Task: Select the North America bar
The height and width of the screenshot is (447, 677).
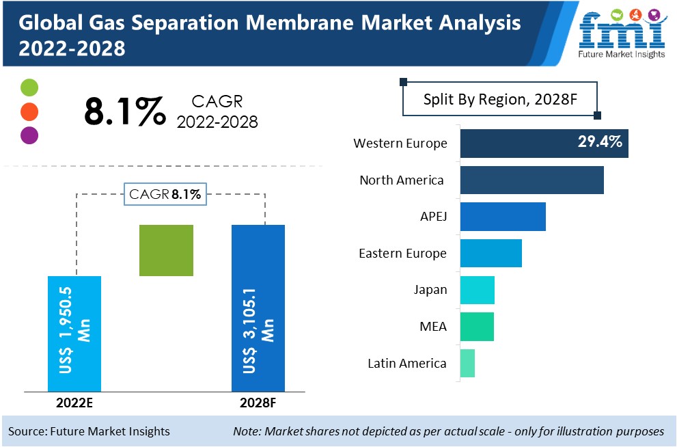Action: click(x=531, y=180)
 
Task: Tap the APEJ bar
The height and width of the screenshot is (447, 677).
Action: click(x=502, y=217)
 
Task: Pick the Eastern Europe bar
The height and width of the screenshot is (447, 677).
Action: click(x=491, y=253)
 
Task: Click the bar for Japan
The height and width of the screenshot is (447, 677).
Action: click(x=477, y=290)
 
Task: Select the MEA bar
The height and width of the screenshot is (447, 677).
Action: click(x=476, y=326)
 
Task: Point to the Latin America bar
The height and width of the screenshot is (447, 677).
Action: click(x=467, y=363)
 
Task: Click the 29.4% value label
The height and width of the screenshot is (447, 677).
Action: click(x=598, y=143)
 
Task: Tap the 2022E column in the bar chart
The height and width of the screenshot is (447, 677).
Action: click(x=74, y=333)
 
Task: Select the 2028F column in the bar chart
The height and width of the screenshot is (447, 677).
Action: click(x=258, y=308)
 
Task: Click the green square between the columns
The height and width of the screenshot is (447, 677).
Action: click(x=166, y=250)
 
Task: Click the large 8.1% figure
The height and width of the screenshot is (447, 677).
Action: click(x=124, y=111)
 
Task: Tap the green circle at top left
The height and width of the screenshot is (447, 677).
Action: click(x=29, y=87)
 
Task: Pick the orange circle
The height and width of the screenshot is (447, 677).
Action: click(x=29, y=111)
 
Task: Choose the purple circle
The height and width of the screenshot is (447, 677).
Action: click(x=29, y=135)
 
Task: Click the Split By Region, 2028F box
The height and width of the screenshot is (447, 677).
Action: click(x=501, y=99)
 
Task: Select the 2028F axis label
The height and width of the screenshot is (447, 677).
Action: click(x=258, y=403)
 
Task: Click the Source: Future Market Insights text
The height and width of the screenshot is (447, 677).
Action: click(x=89, y=431)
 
